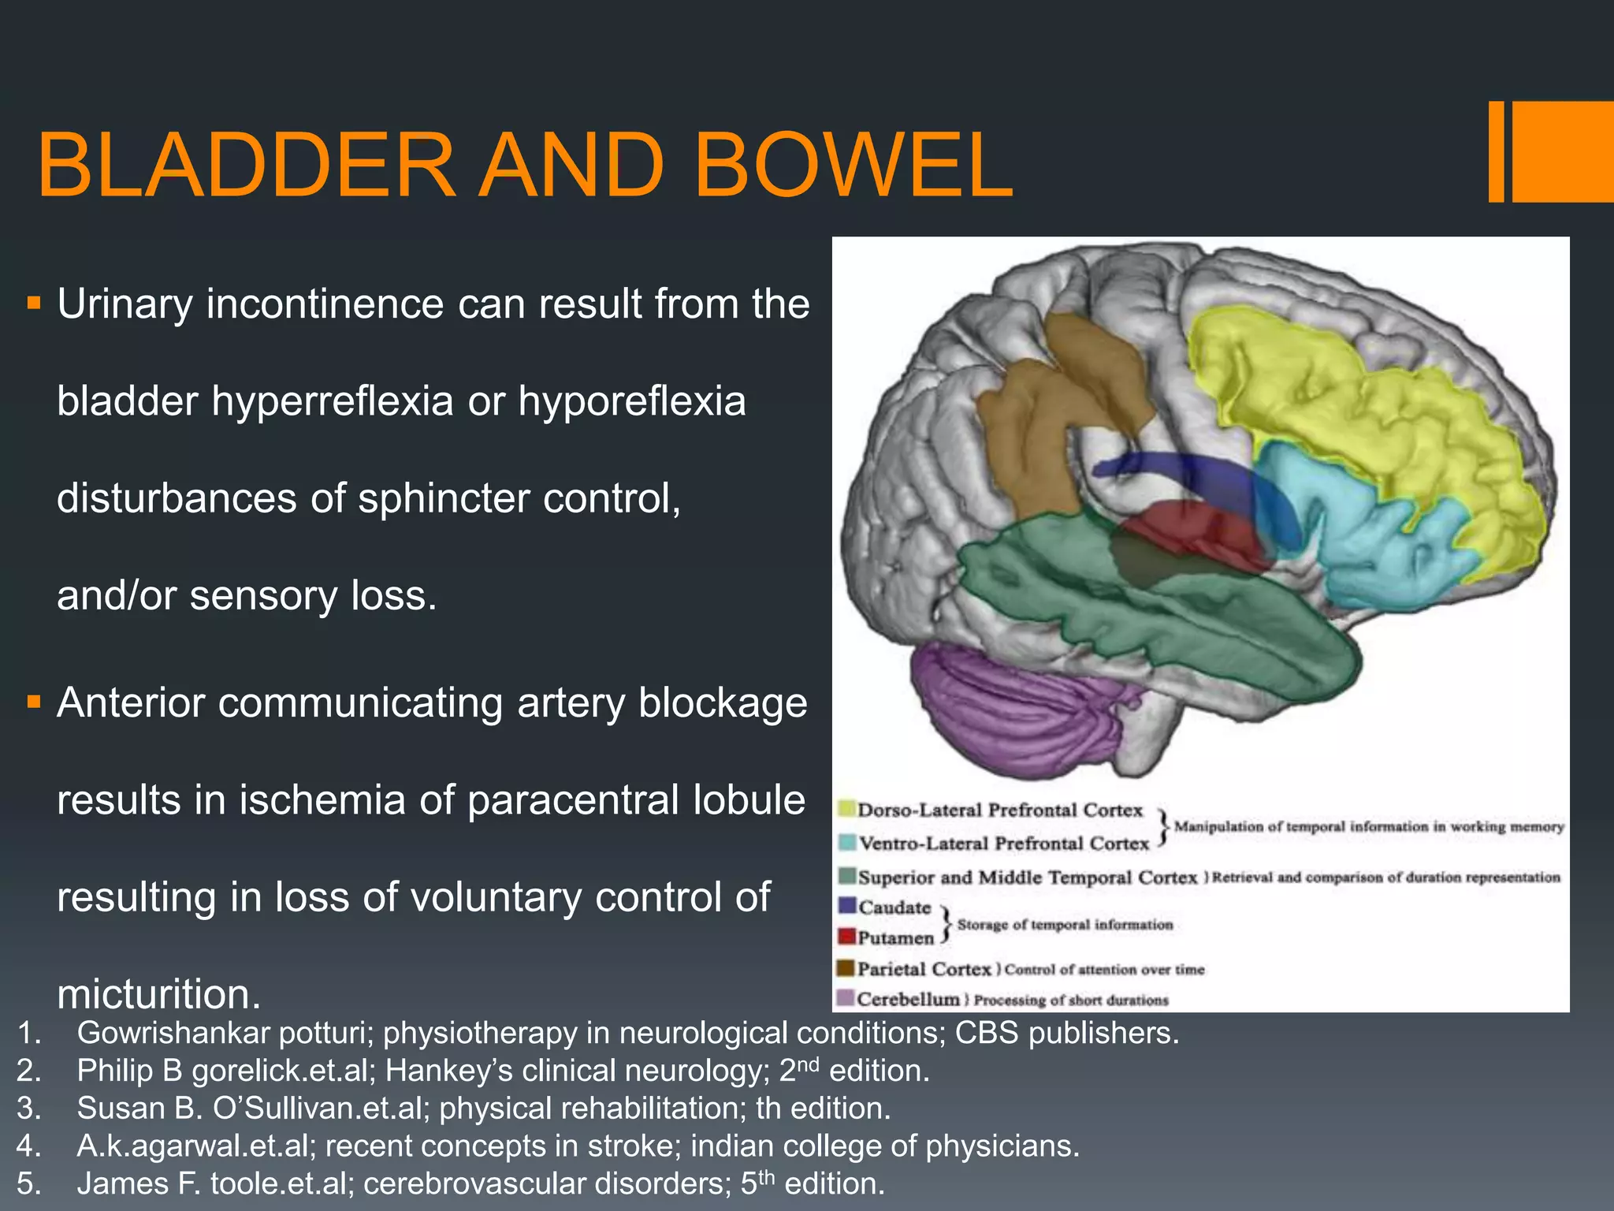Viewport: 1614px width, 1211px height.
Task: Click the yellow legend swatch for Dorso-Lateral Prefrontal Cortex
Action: [847, 809]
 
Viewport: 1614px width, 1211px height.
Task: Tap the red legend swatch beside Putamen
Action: [847, 937]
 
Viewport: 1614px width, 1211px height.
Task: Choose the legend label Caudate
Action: [894, 907]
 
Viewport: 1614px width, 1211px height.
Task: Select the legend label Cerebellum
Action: [909, 1000]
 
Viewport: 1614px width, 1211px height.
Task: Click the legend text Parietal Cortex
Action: [924, 969]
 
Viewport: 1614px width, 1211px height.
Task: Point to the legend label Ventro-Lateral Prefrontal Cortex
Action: [1004, 844]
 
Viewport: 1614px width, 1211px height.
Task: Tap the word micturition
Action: [158, 993]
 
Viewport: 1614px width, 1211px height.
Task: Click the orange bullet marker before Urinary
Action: [33, 303]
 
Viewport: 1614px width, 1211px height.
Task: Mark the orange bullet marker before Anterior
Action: [33, 702]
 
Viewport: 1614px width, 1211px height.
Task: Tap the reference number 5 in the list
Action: [28, 1184]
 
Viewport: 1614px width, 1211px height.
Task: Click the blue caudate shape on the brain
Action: [1182, 473]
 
